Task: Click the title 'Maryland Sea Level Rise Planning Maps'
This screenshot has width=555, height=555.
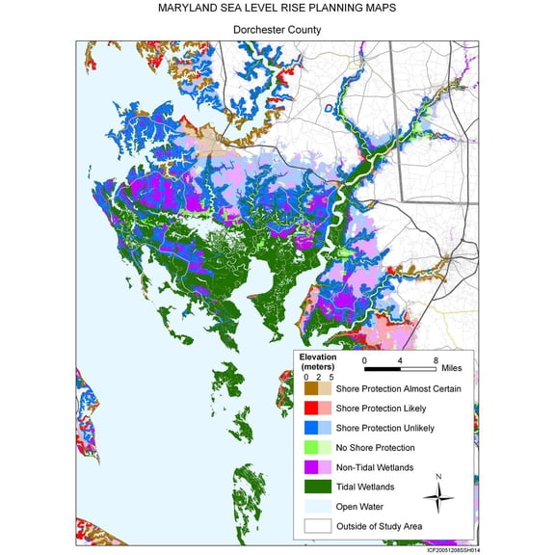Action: tap(277, 9)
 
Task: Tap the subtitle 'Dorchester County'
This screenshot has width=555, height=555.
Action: tap(277, 30)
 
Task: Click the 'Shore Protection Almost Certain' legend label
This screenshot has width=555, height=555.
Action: tap(398, 388)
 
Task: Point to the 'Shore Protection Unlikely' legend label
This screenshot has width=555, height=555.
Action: tap(386, 428)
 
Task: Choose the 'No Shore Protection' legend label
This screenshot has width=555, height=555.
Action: tap(377, 447)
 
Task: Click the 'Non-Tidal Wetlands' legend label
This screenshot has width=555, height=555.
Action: tap(375, 467)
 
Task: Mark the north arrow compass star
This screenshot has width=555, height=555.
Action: tap(438, 497)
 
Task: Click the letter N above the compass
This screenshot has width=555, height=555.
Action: tap(438, 477)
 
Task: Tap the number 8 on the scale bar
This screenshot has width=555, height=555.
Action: tap(436, 357)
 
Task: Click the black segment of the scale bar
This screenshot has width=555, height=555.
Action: tap(383, 368)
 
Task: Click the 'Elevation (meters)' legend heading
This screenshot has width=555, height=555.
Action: tap(318, 361)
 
